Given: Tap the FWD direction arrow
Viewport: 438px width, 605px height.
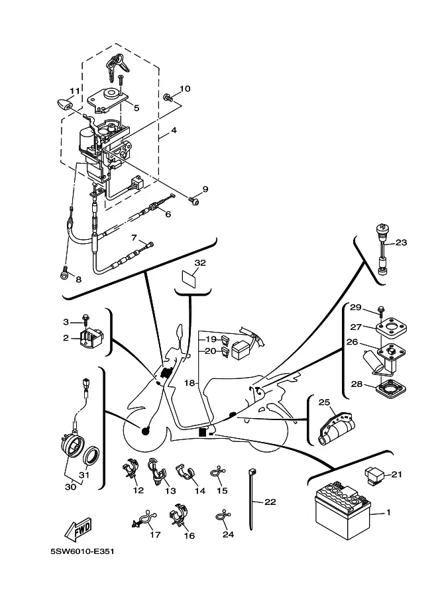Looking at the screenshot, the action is [78, 529].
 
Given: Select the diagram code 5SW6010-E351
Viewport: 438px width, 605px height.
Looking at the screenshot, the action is [82, 551].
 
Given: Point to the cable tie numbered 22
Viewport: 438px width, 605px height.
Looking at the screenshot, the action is [251, 499].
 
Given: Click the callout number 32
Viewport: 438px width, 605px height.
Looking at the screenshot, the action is [200, 263].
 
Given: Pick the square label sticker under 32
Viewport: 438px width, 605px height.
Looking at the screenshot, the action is [189, 278].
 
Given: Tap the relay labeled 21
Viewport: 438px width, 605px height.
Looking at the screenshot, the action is [373, 476].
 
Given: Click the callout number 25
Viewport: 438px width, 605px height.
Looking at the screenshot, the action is [324, 402].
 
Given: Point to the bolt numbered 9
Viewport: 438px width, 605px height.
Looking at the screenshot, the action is [193, 200].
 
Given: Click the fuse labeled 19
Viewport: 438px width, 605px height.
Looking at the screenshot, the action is [225, 340].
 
